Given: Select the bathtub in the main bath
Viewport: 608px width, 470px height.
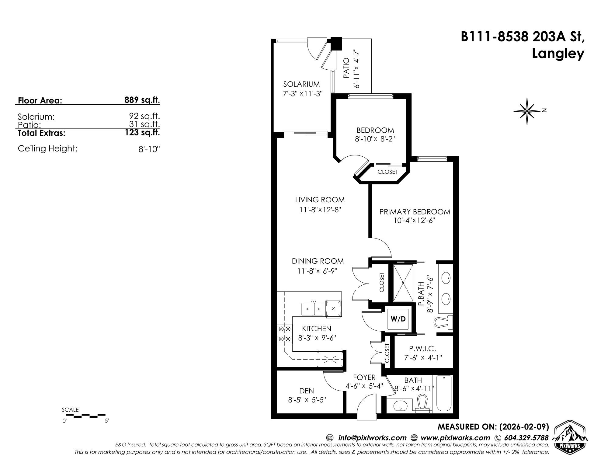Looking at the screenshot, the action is [444, 394].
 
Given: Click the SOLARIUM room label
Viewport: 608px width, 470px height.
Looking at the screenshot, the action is [301, 84].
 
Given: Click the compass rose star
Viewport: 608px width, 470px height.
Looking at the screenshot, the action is [527, 111].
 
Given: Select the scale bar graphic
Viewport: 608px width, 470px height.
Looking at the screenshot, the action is [84, 415].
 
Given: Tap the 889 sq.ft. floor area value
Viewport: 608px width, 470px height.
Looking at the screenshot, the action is [142, 100].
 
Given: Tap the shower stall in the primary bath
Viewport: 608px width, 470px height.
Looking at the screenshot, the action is [404, 283].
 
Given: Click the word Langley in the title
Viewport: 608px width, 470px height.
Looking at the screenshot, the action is [558, 54].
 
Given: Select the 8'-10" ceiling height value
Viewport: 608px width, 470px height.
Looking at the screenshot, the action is [149, 149].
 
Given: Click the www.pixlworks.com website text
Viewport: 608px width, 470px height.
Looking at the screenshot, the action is [455, 438].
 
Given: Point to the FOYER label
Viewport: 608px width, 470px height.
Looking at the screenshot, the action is [364, 378].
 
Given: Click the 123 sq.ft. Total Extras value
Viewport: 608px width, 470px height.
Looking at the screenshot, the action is [142, 133].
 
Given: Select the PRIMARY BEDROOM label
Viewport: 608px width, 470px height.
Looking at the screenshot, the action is [415, 212].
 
